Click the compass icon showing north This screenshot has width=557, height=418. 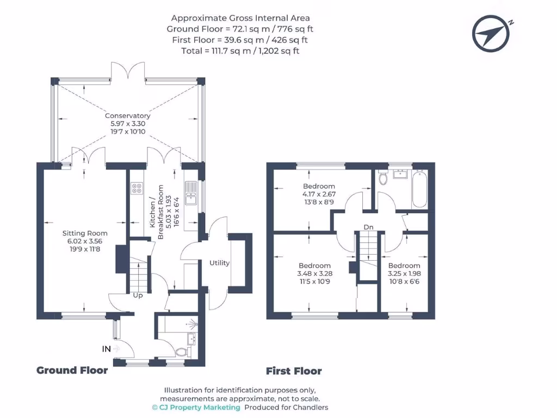coord(492,32)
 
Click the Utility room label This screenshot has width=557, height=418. coord(220,263)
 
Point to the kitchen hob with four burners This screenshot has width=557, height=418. coord(137,188)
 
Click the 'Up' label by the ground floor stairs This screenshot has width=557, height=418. coord(138,296)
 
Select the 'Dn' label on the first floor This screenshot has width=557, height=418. coord(369,227)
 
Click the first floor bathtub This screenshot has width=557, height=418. coord(419,189)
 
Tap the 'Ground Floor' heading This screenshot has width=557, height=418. coord(72,371)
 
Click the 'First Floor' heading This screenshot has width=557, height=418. coord(294,372)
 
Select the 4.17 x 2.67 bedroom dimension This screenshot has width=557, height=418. coord(319,194)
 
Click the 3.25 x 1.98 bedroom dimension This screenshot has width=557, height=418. coord(404,274)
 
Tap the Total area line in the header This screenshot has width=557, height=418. coord(240,51)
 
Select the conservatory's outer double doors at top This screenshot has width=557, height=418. coord(128,72)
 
